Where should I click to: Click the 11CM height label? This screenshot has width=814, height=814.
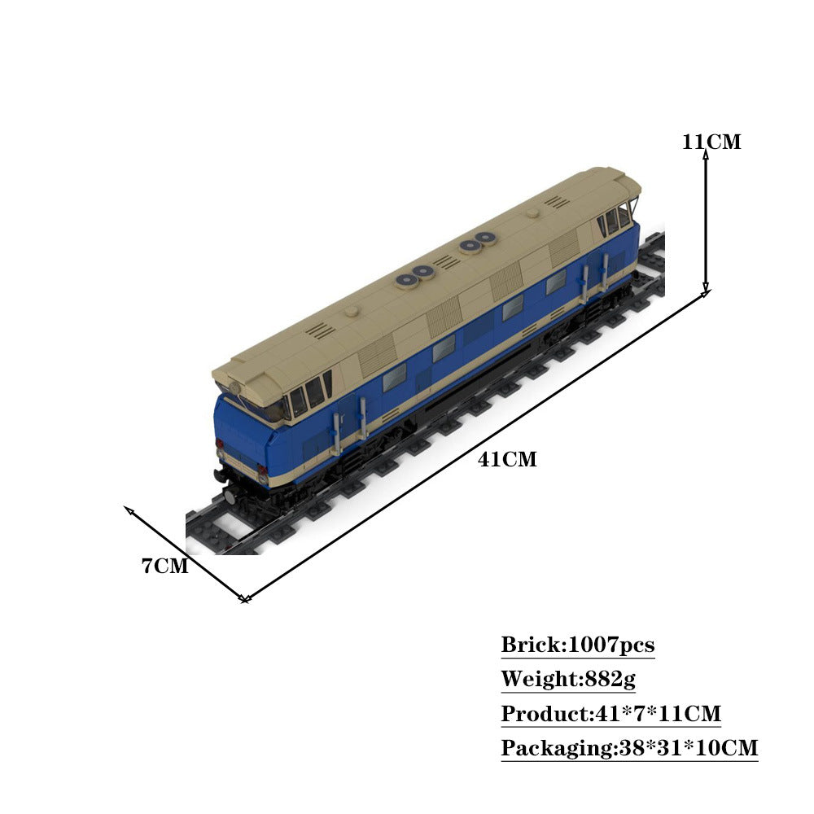point(711,142)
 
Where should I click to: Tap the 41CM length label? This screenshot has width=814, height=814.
point(507,459)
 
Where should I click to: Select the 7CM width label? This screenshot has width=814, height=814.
point(165,566)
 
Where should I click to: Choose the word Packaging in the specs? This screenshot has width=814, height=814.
point(556,748)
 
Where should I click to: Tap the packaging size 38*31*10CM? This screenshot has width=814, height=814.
point(686,748)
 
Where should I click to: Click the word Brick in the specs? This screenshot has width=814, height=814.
point(530,646)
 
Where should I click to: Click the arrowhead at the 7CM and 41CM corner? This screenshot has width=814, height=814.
point(244,599)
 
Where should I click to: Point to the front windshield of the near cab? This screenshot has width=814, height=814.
point(260,407)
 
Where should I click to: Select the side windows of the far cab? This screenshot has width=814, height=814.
point(615,220)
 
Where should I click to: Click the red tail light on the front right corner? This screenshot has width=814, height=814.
point(261,470)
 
